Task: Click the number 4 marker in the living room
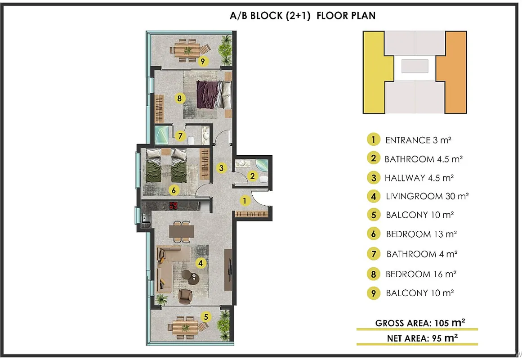[x=201, y=263]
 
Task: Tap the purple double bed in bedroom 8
[x=214, y=94]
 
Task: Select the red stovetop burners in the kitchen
[x=174, y=206]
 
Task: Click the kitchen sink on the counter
[x=146, y=218]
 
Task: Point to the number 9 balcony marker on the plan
[x=203, y=61]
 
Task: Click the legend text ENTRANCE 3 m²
[x=418, y=140]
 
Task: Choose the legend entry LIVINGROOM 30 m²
[x=427, y=196]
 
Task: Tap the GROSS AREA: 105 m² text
[x=420, y=323]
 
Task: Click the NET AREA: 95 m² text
[x=422, y=338]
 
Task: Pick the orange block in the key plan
[x=455, y=72]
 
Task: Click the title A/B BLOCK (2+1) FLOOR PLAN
[x=303, y=16]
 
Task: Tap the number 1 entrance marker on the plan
[x=245, y=201]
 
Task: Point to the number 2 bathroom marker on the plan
[x=252, y=176]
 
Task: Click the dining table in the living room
[x=182, y=231]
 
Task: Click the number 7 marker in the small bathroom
[x=180, y=136]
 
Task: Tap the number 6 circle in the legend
[x=374, y=234]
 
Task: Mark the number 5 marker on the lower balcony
[x=206, y=317]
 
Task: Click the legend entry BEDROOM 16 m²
[x=421, y=274]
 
